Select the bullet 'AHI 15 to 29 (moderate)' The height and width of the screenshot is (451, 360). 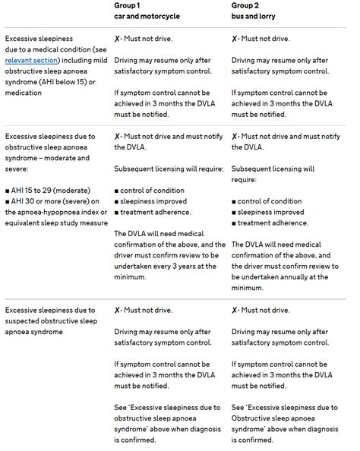(51, 188)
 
